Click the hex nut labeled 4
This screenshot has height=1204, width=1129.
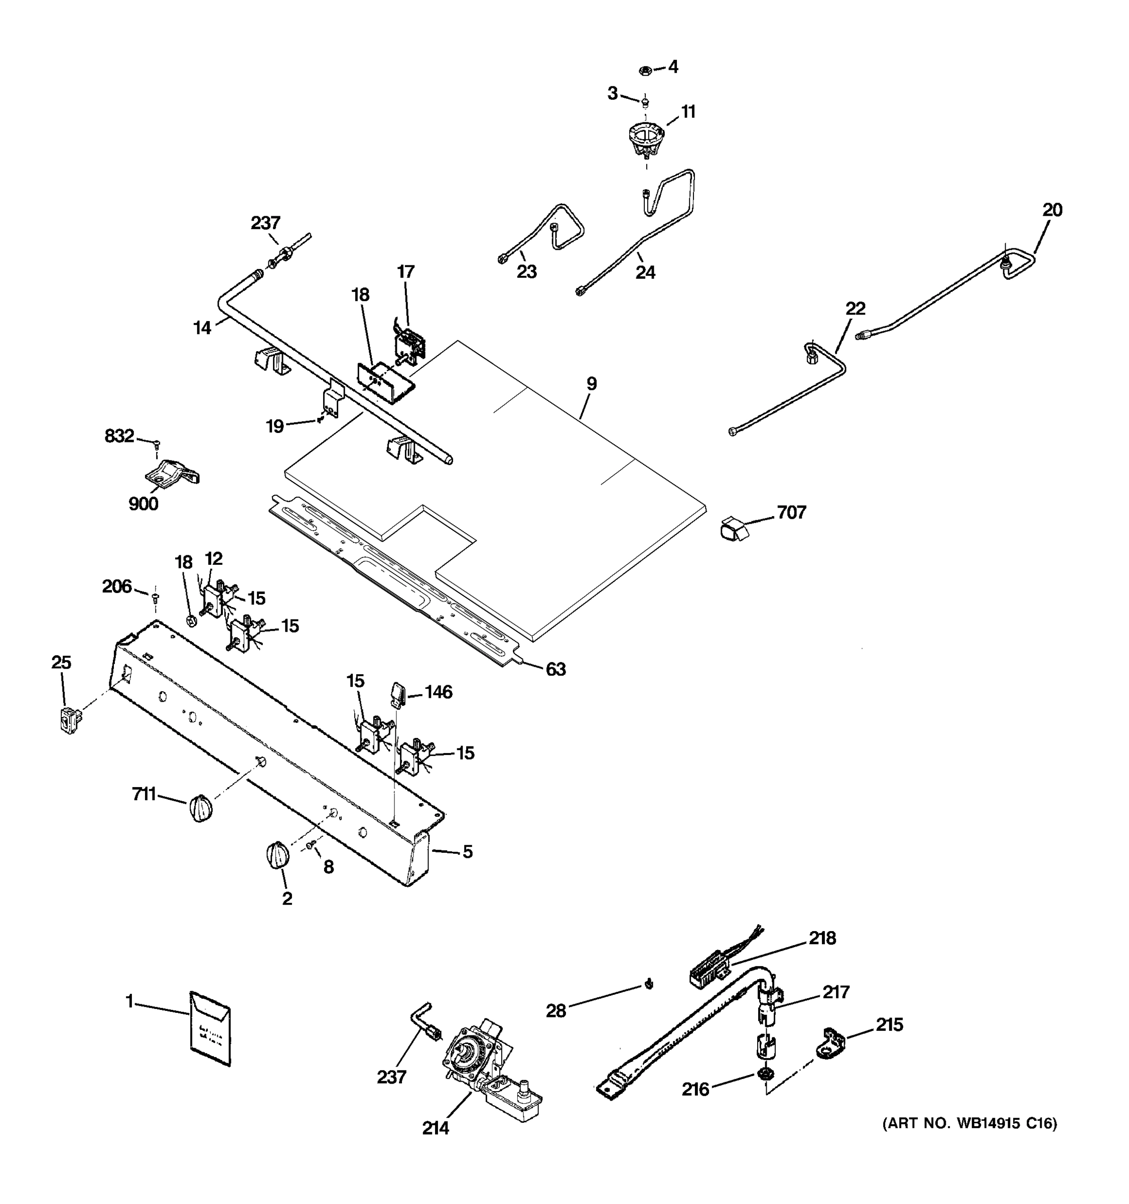point(645,70)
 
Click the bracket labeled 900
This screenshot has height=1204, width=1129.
point(172,473)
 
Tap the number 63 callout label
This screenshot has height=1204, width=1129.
point(555,669)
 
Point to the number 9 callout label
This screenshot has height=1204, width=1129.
point(591,383)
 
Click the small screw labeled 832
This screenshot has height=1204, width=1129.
point(157,444)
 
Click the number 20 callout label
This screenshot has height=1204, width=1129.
point(1052,210)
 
